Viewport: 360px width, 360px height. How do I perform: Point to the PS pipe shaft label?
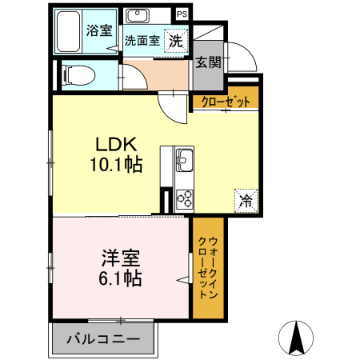182,14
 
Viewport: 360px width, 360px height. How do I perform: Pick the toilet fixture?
78,74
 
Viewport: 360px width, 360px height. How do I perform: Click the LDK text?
118,146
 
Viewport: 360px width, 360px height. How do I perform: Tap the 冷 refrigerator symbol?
246,200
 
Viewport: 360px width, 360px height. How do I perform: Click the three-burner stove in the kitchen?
183,197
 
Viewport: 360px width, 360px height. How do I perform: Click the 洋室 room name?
121,259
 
